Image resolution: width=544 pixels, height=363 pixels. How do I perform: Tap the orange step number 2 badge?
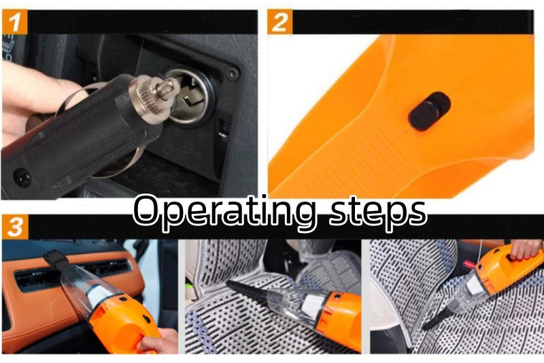tap(279, 22)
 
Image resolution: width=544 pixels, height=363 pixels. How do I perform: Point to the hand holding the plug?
tap(34, 102)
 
